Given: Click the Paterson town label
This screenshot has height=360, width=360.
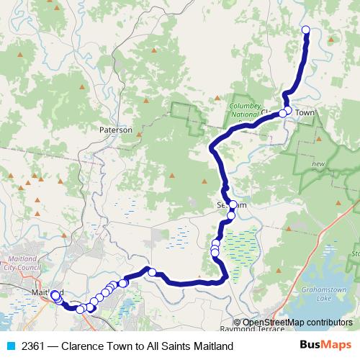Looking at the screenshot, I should click(116, 130).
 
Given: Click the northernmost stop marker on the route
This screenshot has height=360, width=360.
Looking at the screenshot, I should click(305, 30).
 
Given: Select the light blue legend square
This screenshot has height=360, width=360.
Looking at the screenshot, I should click(7, 346).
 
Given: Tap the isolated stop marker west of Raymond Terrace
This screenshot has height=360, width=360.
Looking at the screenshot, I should click(152, 271).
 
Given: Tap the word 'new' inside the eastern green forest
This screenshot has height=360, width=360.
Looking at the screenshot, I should click(318, 165).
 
